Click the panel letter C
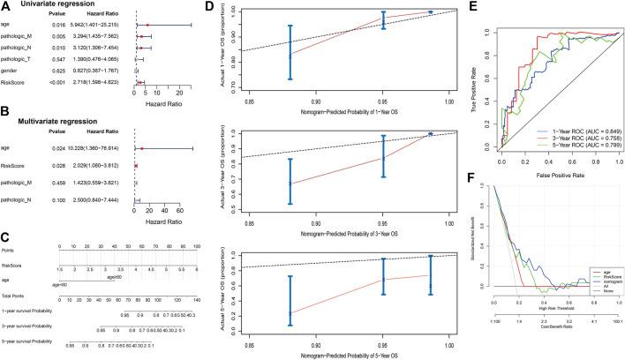click(7, 211)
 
